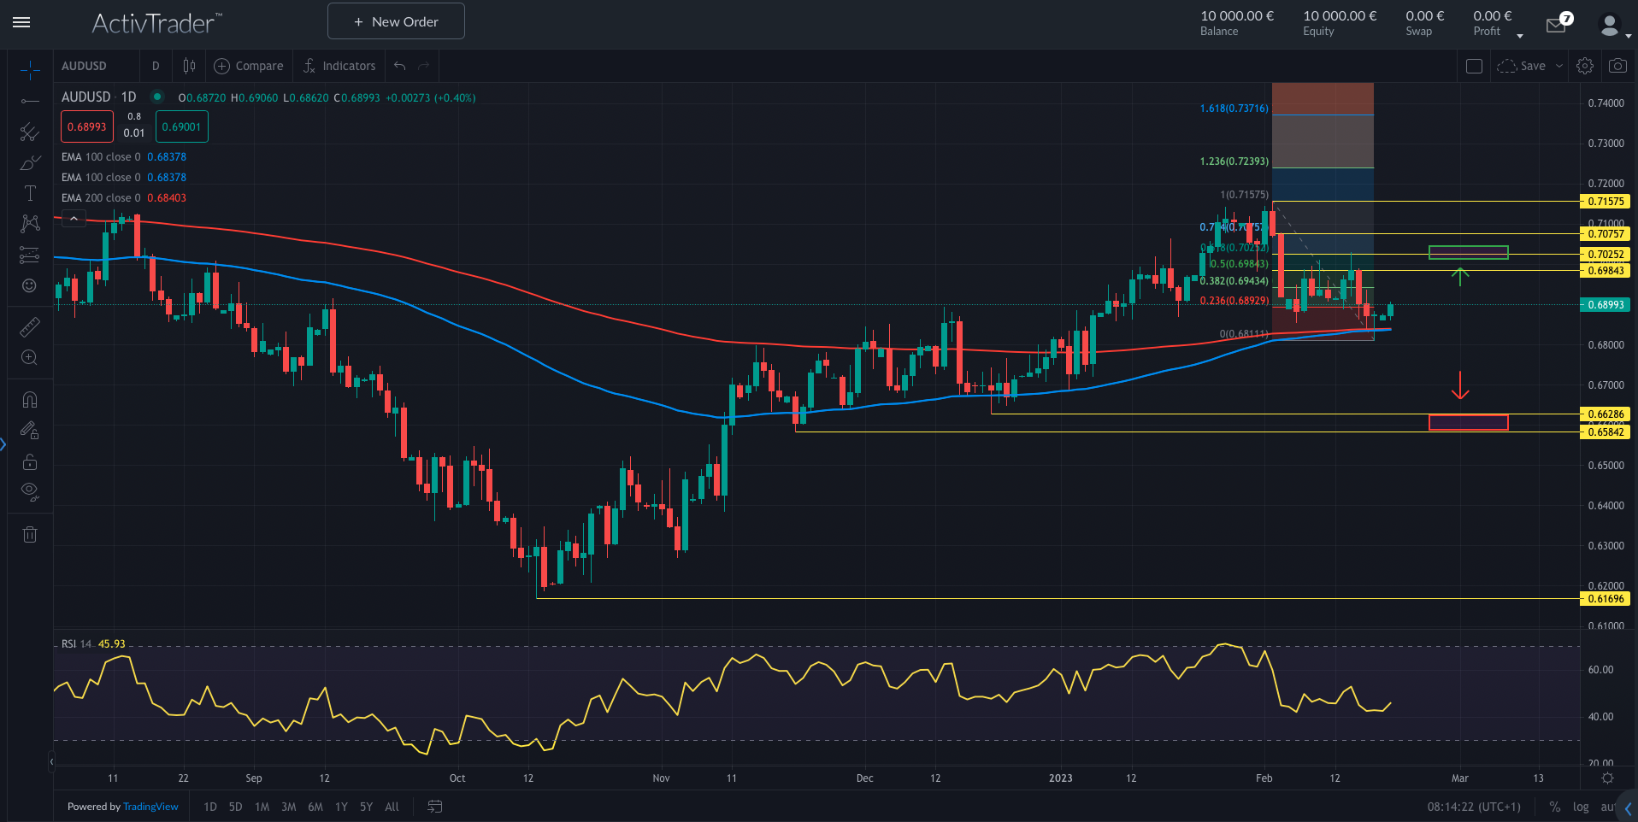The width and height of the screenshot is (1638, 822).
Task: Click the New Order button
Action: click(396, 21)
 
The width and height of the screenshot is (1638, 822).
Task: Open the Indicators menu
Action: click(339, 66)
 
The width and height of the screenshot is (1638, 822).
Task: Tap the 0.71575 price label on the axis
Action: click(1606, 202)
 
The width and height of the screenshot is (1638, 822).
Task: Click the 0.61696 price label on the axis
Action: click(1606, 599)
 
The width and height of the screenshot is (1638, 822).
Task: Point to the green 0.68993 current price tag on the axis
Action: click(1606, 305)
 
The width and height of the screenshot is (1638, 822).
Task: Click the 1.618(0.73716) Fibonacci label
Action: click(1234, 109)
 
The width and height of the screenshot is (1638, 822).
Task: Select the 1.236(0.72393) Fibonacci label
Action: click(1234, 161)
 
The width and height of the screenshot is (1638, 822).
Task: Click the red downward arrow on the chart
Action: click(1460, 386)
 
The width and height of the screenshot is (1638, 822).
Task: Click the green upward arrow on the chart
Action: click(1460, 276)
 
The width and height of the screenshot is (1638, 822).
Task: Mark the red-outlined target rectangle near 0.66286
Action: click(1468, 422)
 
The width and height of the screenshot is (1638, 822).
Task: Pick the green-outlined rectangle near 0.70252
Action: click(1468, 252)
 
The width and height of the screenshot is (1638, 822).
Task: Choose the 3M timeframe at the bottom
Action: click(289, 807)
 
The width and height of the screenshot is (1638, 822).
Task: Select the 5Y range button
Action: click(366, 807)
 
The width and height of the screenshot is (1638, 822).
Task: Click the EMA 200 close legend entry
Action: click(101, 198)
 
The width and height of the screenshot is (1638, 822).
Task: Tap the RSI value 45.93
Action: click(112, 644)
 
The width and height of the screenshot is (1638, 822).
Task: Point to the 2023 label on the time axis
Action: click(1060, 778)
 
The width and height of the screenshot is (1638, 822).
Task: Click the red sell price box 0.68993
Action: click(87, 127)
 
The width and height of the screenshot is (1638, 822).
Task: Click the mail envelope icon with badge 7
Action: click(1556, 26)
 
